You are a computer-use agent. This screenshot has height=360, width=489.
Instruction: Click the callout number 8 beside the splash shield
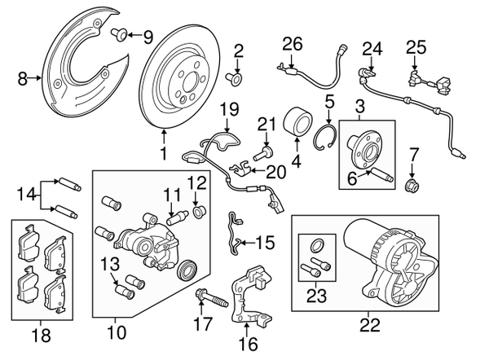(21, 79)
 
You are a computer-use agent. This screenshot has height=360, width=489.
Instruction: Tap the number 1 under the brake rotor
(164, 151)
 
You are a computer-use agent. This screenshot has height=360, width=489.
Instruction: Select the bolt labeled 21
(263, 152)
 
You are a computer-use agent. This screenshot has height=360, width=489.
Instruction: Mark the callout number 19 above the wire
(228, 108)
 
